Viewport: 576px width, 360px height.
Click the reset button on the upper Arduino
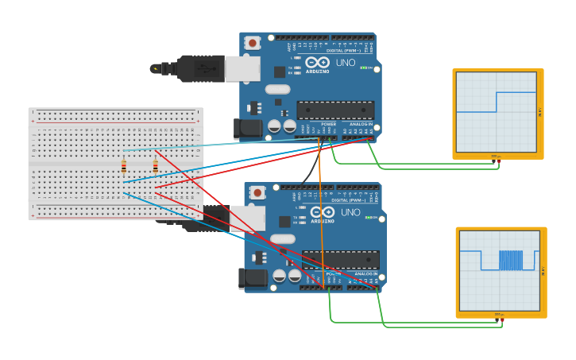pos(253,43)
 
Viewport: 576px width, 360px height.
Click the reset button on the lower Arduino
pos(257,192)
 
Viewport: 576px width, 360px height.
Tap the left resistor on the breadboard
pos(124,166)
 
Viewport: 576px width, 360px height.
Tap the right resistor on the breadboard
pos(155,166)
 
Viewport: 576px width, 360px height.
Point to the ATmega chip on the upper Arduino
pos(335,110)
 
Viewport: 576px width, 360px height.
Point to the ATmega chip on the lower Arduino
pos(340,259)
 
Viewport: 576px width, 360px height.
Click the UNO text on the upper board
pos(346,63)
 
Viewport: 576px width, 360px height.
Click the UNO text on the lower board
pos(350,212)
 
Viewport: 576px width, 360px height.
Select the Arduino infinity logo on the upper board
pos(317,62)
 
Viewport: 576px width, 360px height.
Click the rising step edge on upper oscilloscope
pos(497,102)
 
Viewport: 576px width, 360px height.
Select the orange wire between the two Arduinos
pos(321,207)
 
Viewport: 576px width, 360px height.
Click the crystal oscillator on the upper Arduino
pos(277,89)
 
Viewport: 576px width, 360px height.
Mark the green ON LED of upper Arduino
pos(364,68)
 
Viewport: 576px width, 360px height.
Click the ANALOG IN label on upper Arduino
pos(361,124)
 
